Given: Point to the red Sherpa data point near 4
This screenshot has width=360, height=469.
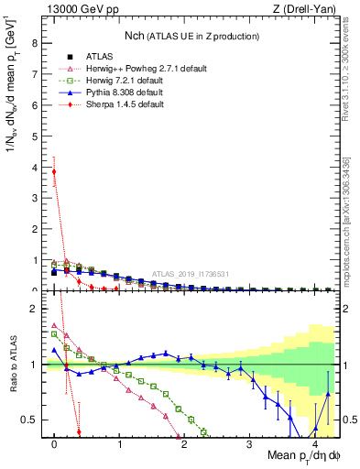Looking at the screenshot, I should click(54, 171).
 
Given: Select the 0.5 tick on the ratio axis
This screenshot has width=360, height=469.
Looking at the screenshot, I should click(29, 420).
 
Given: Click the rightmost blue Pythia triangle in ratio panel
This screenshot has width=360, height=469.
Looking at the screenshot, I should click(329, 396).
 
